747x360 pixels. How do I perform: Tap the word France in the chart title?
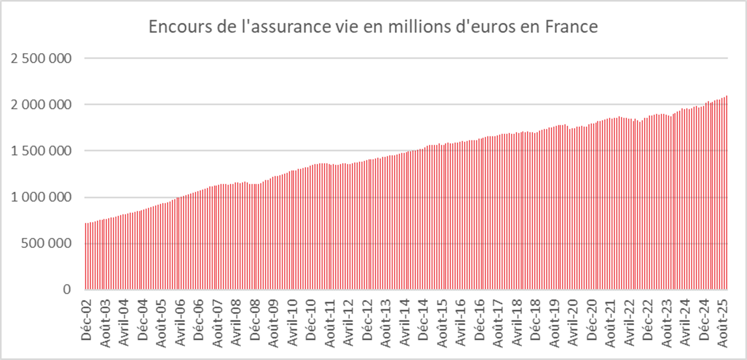(571, 27)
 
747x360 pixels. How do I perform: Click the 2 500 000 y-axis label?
(41, 58)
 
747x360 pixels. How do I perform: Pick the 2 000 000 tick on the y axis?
(41, 105)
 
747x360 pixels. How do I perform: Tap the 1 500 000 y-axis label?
(41, 151)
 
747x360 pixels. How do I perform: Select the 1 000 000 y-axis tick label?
(41, 197)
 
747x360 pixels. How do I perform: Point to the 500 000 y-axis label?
(46, 243)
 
